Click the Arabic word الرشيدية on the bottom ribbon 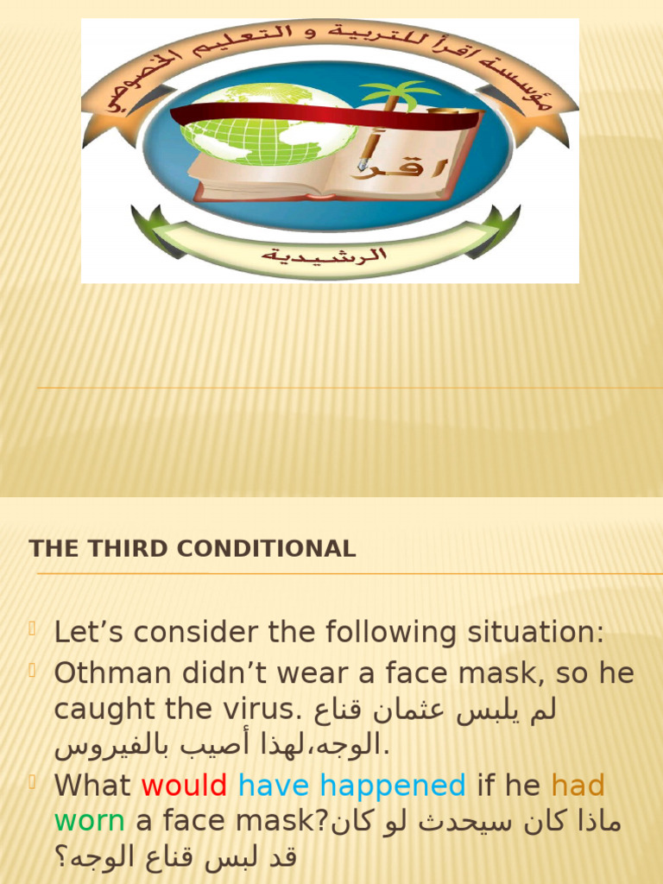pyautogui.click(x=325, y=256)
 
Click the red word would pyautogui.click(x=184, y=786)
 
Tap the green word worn pyautogui.click(x=89, y=821)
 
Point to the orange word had pyautogui.click(x=578, y=786)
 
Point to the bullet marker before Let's pyautogui.click(x=34, y=629)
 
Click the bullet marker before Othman pyautogui.click(x=34, y=669)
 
